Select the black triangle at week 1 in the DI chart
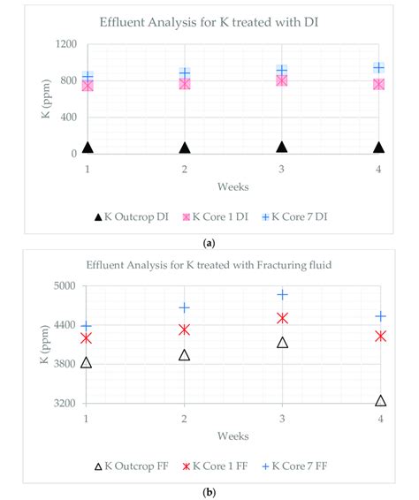tap(88, 148)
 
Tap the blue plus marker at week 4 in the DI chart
tap(378, 67)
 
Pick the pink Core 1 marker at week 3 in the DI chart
tap(281, 80)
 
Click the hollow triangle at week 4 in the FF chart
tap(380, 400)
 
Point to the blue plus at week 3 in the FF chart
tap(282, 295)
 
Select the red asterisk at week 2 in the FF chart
tap(184, 330)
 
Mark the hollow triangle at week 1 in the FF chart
tap(87, 362)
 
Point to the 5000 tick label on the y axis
tap(65, 286)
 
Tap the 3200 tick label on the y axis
tap(65, 404)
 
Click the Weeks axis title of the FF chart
tap(233, 436)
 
